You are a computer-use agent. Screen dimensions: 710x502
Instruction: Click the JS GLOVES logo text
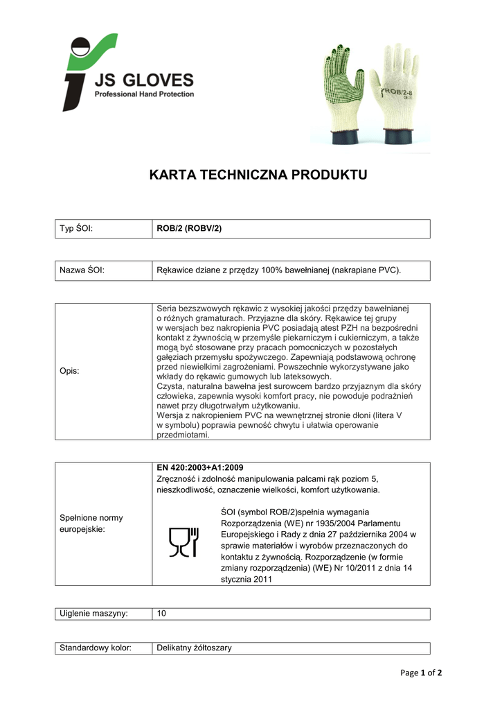click(144, 80)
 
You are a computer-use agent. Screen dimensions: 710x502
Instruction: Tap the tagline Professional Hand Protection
click(144, 94)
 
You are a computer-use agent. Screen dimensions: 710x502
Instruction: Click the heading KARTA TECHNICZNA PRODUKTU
click(258, 175)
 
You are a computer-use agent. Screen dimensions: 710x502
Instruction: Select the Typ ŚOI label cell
click(76, 229)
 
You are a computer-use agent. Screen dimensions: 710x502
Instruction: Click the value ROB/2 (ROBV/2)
click(189, 229)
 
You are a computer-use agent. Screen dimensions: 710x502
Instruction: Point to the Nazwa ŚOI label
click(82, 270)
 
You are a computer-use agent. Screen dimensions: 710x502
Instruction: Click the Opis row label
click(69, 371)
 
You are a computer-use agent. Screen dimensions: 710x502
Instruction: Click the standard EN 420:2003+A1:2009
click(200, 468)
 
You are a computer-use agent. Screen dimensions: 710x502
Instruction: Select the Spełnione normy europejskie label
click(82, 523)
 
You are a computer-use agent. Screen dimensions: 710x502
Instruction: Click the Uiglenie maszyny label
click(93, 614)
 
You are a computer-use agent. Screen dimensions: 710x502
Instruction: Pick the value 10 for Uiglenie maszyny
click(162, 614)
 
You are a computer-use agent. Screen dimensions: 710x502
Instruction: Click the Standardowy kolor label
click(96, 648)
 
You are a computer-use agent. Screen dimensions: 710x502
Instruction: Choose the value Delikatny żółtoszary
click(195, 648)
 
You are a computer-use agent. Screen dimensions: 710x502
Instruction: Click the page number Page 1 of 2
click(421, 673)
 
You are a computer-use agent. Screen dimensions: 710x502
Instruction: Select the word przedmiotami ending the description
click(183, 435)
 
